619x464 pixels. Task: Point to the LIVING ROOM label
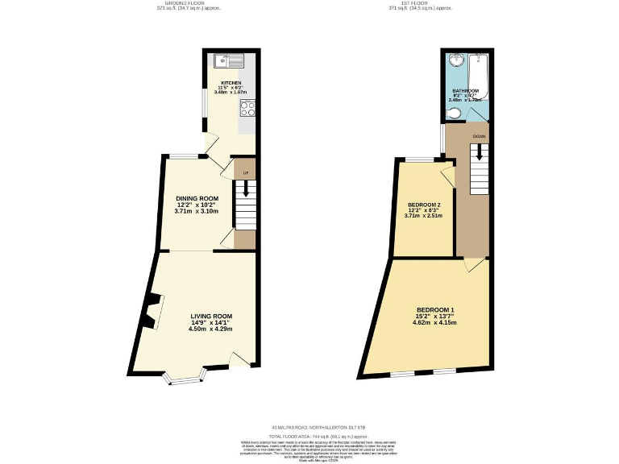(211, 316)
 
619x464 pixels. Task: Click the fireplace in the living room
(151, 313)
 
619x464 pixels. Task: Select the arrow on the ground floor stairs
(244, 190)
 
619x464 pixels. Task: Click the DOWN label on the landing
(479, 135)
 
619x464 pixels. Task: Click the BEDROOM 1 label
(436, 310)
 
